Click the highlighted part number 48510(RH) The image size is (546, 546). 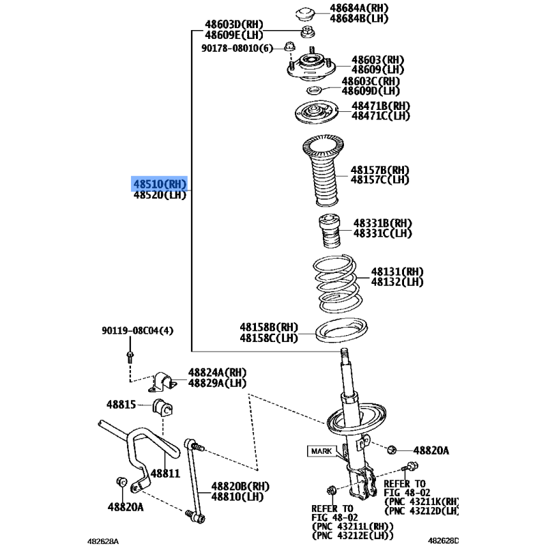pyautogui.click(x=160, y=184)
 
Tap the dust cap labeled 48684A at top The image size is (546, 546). pyautogui.click(x=305, y=14)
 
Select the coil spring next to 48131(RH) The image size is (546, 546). pyautogui.click(x=338, y=283)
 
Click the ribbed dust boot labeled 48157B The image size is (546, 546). pyautogui.click(x=324, y=170)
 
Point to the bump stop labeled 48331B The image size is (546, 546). pyautogui.click(x=330, y=231)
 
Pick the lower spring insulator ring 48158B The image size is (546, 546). pyautogui.click(x=341, y=330)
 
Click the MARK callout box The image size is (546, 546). pyautogui.click(x=321, y=451)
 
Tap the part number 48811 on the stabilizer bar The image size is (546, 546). pyautogui.click(x=165, y=473)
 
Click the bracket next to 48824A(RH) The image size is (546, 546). pyautogui.click(x=162, y=382)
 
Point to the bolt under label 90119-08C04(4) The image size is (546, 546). pyautogui.click(x=130, y=356)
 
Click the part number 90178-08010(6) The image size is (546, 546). pyautogui.click(x=237, y=48)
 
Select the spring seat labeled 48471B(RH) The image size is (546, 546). pyautogui.click(x=317, y=113)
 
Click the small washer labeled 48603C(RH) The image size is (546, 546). pyautogui.click(x=314, y=91)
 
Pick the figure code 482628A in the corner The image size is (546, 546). pyautogui.click(x=103, y=541)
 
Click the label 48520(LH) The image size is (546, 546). pyautogui.click(x=160, y=195)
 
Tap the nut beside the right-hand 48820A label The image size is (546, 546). pyautogui.click(x=391, y=450)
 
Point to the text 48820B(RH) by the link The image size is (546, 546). pyautogui.click(x=240, y=486)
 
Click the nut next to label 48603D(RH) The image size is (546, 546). pyautogui.click(x=308, y=31)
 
